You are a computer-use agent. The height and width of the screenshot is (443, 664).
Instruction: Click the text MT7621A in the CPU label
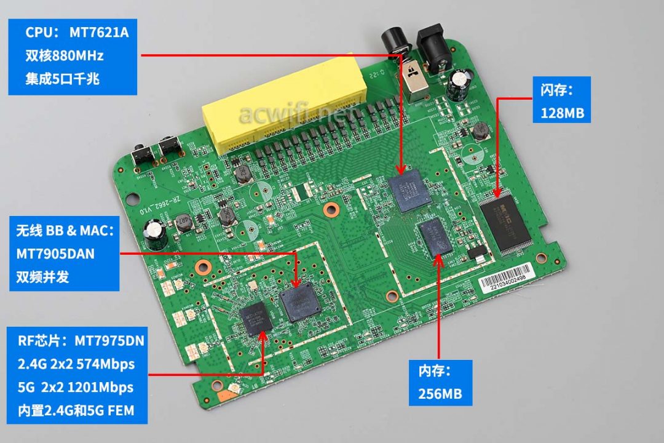point(98,33)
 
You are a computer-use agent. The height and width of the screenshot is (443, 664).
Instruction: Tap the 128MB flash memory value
point(561,113)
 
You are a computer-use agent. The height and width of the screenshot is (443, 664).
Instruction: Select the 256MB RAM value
point(440,393)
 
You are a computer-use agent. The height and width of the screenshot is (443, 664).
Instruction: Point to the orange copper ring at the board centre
point(330,210)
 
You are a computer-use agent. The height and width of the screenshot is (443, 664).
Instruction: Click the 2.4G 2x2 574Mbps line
point(80,364)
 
